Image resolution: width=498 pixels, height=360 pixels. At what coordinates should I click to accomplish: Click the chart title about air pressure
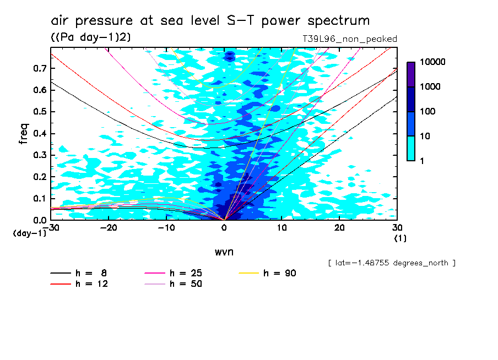pos(210,21)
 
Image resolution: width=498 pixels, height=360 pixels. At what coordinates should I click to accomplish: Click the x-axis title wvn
pos(224,252)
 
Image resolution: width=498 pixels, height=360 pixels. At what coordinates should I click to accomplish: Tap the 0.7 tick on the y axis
pos(39,68)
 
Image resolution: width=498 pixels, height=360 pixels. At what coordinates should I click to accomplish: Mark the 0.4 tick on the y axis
pos(39,134)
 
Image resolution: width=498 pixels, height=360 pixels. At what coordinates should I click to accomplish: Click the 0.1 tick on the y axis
pos(39,199)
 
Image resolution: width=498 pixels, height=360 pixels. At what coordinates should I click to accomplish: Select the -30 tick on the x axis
pos(51,227)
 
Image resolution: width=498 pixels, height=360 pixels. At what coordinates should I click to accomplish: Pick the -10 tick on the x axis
pos(166,227)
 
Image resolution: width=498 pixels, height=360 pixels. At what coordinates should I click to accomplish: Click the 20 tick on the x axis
pos(339,227)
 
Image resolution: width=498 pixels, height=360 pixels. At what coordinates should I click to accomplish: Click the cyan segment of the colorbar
pos(411,148)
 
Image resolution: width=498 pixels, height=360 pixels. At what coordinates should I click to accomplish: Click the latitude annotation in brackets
pos(392,263)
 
